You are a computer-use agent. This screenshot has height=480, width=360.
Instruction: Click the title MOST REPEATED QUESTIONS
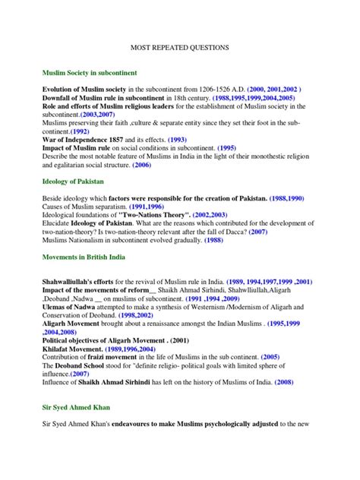[x=180, y=47]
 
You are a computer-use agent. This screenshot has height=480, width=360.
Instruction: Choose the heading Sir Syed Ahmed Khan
[x=78, y=406]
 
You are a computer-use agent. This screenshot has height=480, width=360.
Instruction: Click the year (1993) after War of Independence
[x=197, y=141]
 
